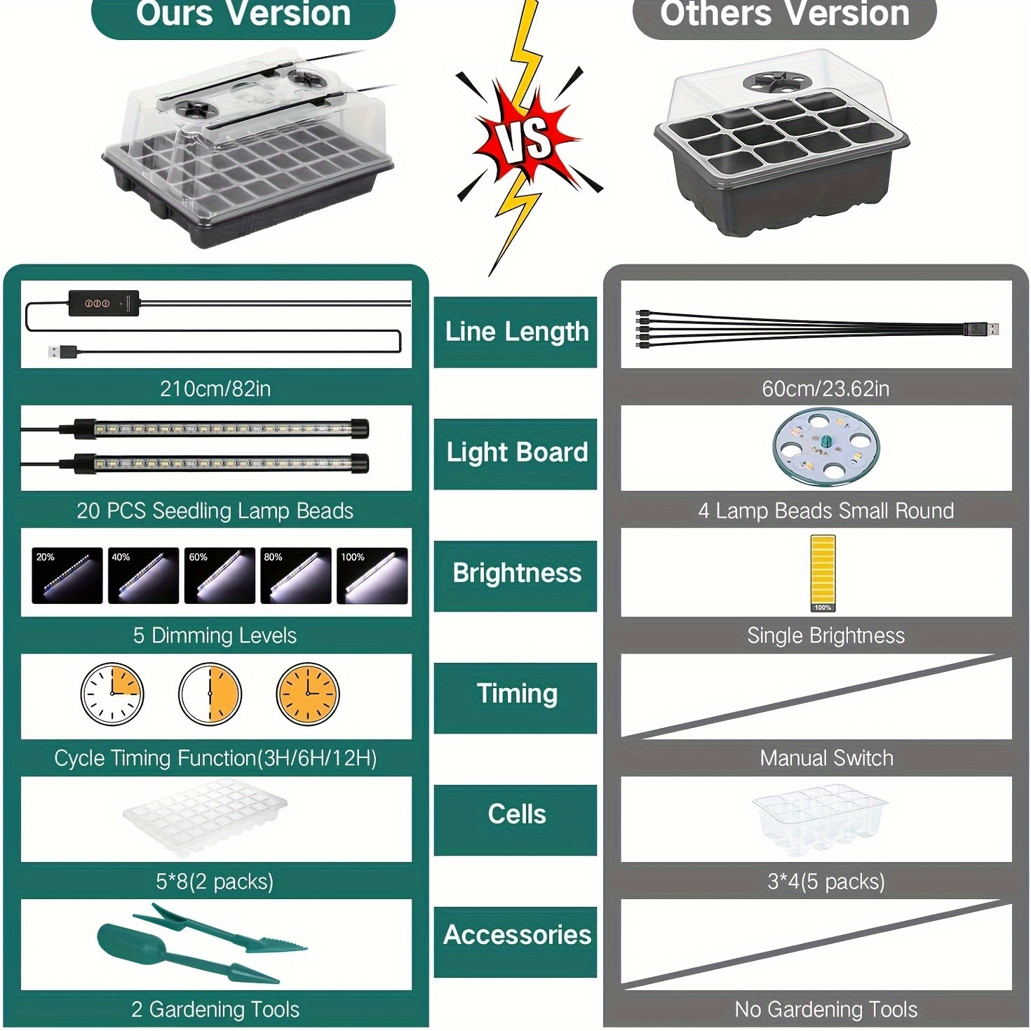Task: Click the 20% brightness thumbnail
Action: point(67,575)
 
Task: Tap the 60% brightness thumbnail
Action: point(220,575)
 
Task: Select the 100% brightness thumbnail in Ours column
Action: point(372,575)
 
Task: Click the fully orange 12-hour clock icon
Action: point(308,694)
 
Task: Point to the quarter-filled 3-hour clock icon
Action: point(112,694)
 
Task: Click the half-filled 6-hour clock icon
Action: point(210,694)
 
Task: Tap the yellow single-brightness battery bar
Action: point(822,573)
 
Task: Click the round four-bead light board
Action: point(826,447)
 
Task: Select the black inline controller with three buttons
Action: point(103,304)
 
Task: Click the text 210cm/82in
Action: point(215,389)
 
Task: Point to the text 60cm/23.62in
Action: point(826,389)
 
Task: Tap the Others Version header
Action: point(784,15)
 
